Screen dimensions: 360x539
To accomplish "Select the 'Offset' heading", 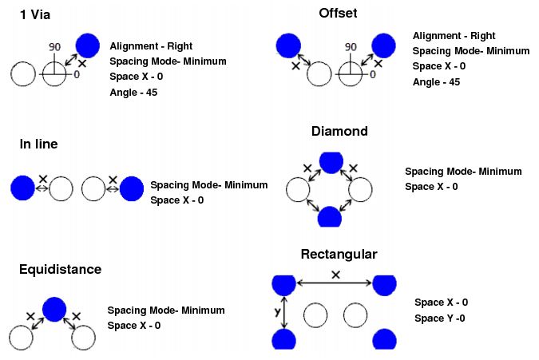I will (x=337, y=14).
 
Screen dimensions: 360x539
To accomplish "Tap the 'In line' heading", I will (x=38, y=144).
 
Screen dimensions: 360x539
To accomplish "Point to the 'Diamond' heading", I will (x=339, y=131).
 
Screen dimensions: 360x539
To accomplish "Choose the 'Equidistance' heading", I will (x=60, y=269).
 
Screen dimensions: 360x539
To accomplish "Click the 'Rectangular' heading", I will (x=339, y=255).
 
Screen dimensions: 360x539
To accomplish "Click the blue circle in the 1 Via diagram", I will (x=88, y=46).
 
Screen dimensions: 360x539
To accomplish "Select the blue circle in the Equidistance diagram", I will (x=55, y=309).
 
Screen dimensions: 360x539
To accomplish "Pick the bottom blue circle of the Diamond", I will (x=330, y=217).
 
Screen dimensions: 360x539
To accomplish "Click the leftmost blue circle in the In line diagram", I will (x=22, y=188).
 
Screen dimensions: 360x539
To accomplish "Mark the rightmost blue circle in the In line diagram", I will (x=133, y=188).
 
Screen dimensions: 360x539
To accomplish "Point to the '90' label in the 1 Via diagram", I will (x=54, y=47).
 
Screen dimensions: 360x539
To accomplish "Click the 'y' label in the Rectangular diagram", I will (x=276, y=314).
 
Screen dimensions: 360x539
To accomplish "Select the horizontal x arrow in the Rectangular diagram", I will (x=335, y=283).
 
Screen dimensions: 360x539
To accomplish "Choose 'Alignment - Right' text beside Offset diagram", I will (x=454, y=36).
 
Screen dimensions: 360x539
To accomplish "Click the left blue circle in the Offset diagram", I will (x=287, y=46).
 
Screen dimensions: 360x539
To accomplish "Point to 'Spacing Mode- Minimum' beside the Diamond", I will (x=463, y=172).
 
